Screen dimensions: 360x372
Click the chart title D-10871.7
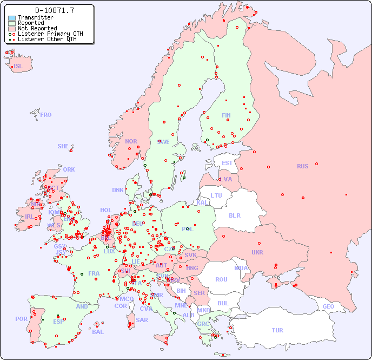point(55,10)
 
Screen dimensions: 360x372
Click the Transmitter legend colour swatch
point(12,18)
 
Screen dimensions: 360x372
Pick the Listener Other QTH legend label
point(50,39)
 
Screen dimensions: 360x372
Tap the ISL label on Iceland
point(18,67)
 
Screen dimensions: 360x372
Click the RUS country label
point(302,166)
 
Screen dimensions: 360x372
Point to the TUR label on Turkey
point(277,330)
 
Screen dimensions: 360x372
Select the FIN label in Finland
point(226,115)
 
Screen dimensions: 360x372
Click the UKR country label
point(257,252)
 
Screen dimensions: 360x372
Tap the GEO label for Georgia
point(328,306)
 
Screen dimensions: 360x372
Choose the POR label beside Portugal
point(21,319)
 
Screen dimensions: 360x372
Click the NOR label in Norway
point(131,141)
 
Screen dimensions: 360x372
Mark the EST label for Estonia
point(227,163)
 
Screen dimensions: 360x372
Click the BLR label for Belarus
point(234,215)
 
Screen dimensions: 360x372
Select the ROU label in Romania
point(221,279)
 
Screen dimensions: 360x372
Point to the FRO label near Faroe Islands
point(46,115)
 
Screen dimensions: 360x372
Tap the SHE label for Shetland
point(63,146)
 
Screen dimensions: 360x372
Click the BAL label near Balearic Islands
point(98,332)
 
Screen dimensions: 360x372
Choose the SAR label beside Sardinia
point(142,320)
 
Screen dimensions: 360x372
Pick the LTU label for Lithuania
point(216,195)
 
